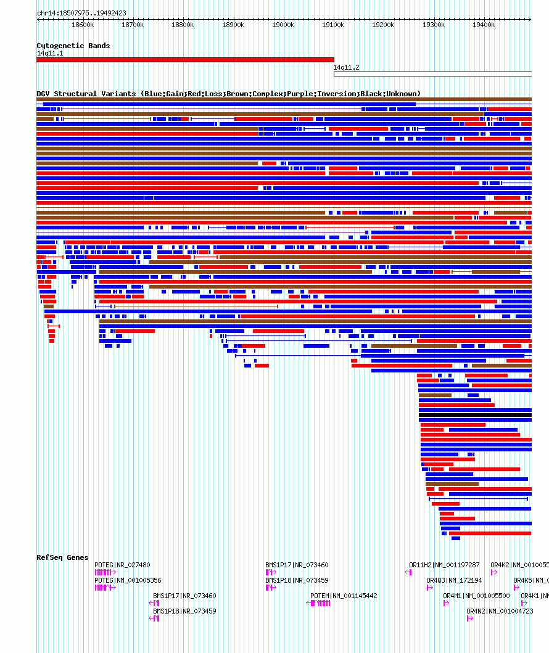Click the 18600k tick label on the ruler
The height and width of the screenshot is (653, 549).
coord(82,25)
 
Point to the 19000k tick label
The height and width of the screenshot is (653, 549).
coord(283,25)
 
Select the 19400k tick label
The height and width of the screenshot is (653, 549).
coord(483,25)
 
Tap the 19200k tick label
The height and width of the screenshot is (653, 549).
coord(383,25)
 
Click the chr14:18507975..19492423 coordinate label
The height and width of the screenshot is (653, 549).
coord(81,13)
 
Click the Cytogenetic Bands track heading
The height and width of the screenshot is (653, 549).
coord(73,46)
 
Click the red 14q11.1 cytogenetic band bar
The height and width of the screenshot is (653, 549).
coord(185,60)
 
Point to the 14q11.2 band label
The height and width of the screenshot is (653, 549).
coord(346,67)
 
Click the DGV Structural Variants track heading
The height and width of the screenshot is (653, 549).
coord(228,94)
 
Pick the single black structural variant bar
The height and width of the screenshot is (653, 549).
coord(475,415)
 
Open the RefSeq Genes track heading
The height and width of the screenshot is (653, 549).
coord(62,557)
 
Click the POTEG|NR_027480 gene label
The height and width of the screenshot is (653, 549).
coord(122,565)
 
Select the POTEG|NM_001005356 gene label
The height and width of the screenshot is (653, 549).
coord(128,580)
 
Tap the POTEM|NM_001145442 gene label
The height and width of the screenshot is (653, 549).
coord(344,596)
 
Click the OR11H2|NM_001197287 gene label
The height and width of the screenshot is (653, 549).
coord(444,565)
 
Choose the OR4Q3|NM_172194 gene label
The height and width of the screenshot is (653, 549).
coord(454,580)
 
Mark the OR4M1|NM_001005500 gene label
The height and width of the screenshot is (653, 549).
coord(476,596)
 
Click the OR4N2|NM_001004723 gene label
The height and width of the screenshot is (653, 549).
coord(500,611)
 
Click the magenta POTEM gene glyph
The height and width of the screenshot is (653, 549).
coord(320,603)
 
